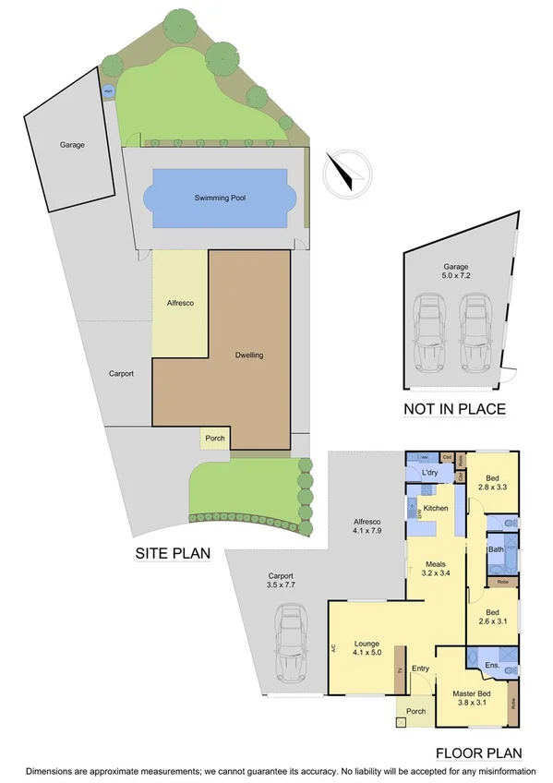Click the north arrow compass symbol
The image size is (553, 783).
(x=346, y=172)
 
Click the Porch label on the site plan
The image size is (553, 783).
(x=214, y=439)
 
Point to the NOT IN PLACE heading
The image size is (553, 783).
(x=454, y=408)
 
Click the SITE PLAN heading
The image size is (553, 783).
(x=173, y=554)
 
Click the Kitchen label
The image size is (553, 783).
(x=436, y=508)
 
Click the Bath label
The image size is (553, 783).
(x=496, y=549)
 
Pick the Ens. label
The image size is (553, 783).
(x=492, y=665)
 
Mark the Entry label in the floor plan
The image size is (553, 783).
(x=421, y=669)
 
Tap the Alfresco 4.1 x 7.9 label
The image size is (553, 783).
(x=367, y=527)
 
